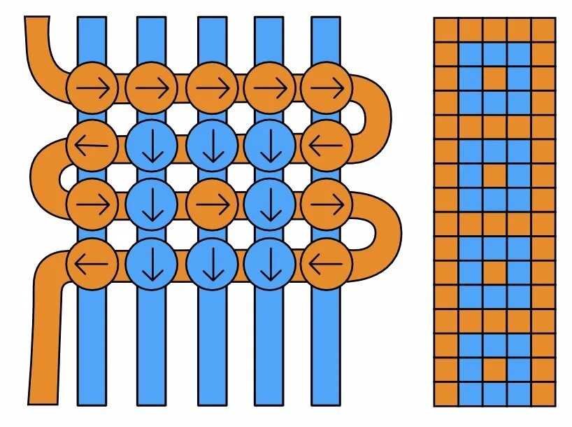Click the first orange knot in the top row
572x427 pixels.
click(92, 87)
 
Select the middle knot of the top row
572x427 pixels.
click(211, 87)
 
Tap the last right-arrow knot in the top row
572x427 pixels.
click(327, 87)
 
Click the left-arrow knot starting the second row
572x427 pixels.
click(92, 146)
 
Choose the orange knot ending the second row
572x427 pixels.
click(327, 146)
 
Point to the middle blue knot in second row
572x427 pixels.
click(211, 146)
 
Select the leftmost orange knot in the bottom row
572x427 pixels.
click(92, 264)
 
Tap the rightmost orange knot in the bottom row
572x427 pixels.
click(327, 264)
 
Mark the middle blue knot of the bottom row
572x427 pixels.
click(211, 264)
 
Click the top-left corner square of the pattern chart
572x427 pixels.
click(445, 30)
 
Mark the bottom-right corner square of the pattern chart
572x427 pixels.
click(543, 393)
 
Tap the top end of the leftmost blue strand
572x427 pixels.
click(92, 24)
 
